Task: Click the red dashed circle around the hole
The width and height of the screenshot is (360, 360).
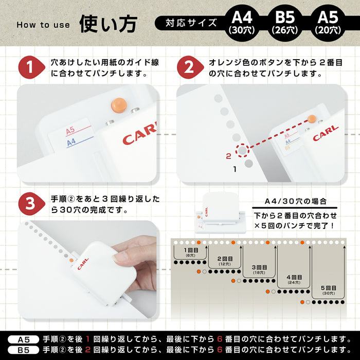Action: pos(241,150)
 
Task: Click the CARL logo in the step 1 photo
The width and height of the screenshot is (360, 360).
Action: pos(139,135)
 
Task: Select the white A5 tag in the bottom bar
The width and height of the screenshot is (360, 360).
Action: pos(24,340)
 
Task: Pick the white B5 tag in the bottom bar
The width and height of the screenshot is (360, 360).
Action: pos(24,350)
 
